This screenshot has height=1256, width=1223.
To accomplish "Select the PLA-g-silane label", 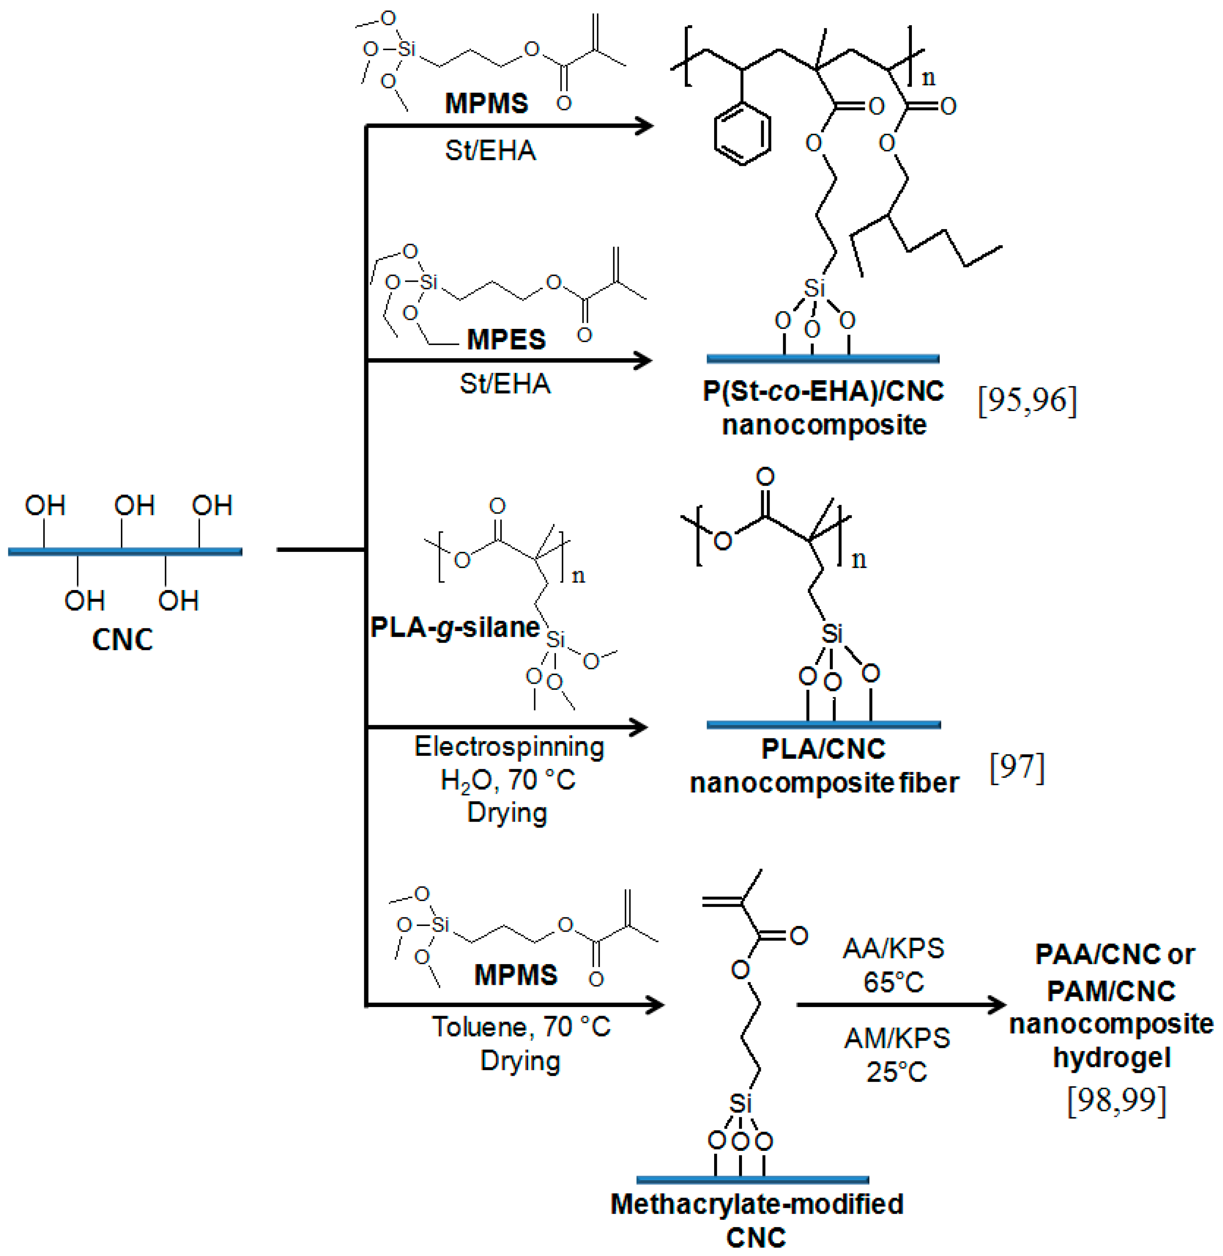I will pyautogui.click(x=455, y=627).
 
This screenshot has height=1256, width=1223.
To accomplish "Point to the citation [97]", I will pyautogui.click(x=1017, y=767).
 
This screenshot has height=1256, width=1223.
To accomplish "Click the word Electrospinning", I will pyautogui.click(x=509, y=747).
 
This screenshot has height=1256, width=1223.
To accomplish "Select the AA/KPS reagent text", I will pyautogui.click(x=893, y=948).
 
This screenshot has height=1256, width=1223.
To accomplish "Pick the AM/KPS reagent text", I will pyautogui.click(x=897, y=1038).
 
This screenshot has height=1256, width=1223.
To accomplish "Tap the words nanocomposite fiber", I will pyautogui.click(x=824, y=782).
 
